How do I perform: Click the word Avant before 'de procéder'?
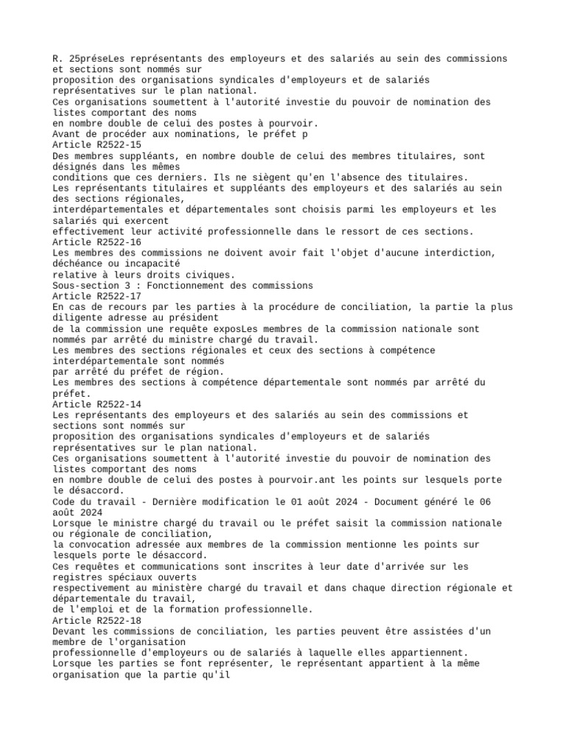pyautogui.click(x=67, y=135)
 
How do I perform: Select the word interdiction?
pyautogui.click(x=458, y=253)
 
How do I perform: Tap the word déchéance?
pyautogui.click(x=77, y=264)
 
